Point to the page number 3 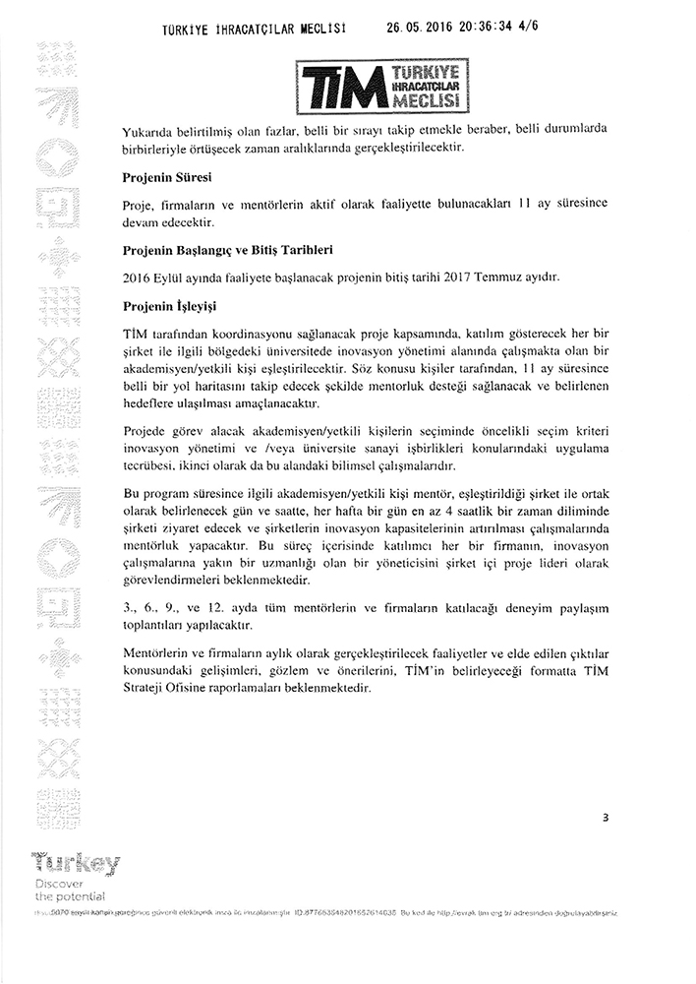[x=608, y=817]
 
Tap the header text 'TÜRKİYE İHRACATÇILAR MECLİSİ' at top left [x=254, y=29]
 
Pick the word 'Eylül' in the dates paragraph [x=179, y=278]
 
